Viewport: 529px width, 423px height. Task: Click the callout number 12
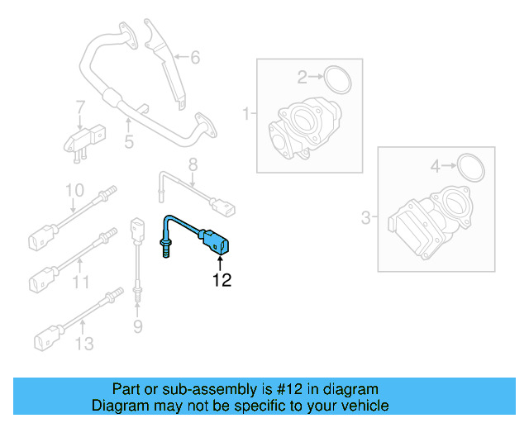pos(221,280)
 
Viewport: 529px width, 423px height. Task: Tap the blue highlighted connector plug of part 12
pos(219,242)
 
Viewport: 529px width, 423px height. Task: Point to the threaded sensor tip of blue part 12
pos(165,248)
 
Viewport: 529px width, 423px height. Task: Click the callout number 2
pos(303,78)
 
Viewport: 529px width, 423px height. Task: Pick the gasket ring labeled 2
pos(336,79)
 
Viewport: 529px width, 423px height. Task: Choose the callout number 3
pos(365,218)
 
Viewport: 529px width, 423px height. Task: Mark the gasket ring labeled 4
pos(469,167)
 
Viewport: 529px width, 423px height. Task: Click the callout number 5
pos(129,142)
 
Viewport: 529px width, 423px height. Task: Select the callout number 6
pos(195,57)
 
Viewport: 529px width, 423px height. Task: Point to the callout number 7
pos(80,107)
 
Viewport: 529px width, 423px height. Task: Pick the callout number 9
pos(138,328)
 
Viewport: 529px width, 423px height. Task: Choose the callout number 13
pos(85,343)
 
